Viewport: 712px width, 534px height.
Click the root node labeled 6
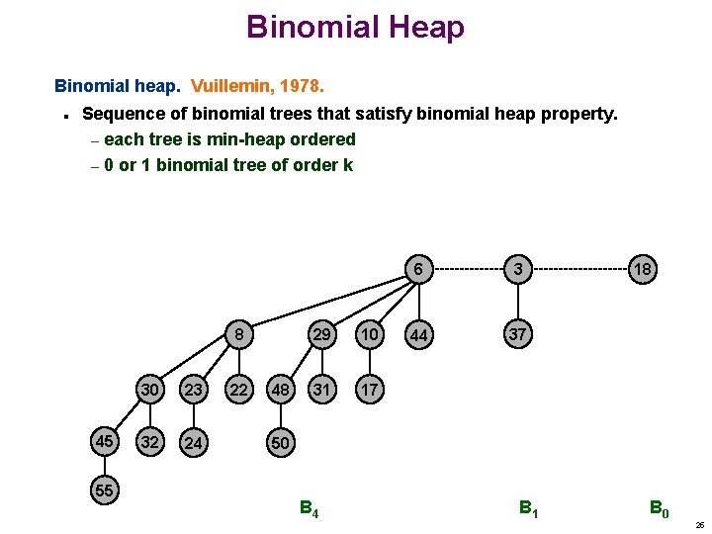[419, 269]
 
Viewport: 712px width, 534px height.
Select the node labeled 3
[517, 269]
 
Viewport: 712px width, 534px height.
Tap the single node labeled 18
[643, 269]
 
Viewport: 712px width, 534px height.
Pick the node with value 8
[238, 334]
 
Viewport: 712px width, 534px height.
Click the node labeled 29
[321, 334]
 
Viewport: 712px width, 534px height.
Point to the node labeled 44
[419, 336]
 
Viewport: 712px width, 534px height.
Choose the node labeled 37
[517, 334]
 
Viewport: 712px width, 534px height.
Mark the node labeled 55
[102, 489]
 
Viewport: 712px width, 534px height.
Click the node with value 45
[102, 441]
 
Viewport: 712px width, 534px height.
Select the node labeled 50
[280, 442]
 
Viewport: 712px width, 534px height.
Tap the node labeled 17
[370, 390]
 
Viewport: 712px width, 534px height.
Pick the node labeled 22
[238, 390]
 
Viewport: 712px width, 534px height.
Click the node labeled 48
[280, 390]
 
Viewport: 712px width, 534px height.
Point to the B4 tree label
[309, 510]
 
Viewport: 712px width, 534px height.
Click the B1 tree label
[529, 510]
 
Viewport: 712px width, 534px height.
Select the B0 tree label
[659, 510]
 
